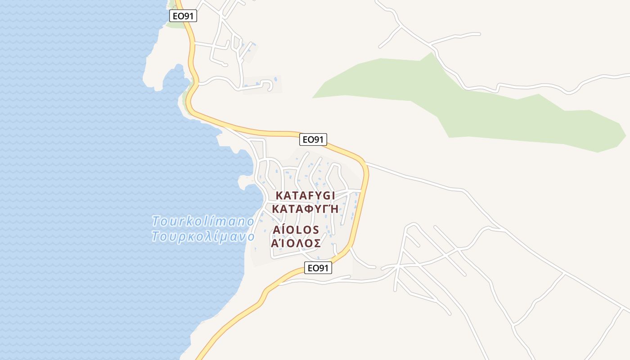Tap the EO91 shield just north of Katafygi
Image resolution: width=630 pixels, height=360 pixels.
tap(313, 139)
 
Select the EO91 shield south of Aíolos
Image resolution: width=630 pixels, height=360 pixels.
tap(319, 268)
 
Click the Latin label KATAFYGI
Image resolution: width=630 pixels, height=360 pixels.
tap(305, 196)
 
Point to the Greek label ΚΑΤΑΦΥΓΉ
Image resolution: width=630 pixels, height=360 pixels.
tap(305, 209)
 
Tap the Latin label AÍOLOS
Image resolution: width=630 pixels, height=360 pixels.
tap(296, 230)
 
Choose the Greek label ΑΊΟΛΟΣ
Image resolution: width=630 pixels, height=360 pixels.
tap(296, 243)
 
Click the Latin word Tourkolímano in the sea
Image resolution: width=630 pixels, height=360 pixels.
tap(203, 221)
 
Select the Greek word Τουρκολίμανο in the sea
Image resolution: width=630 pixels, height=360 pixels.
tap(203, 236)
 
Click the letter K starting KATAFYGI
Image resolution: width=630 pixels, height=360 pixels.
tap(279, 196)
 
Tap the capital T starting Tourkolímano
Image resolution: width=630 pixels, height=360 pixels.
tap(156, 221)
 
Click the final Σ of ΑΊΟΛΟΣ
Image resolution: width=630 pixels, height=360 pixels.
tap(317, 243)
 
